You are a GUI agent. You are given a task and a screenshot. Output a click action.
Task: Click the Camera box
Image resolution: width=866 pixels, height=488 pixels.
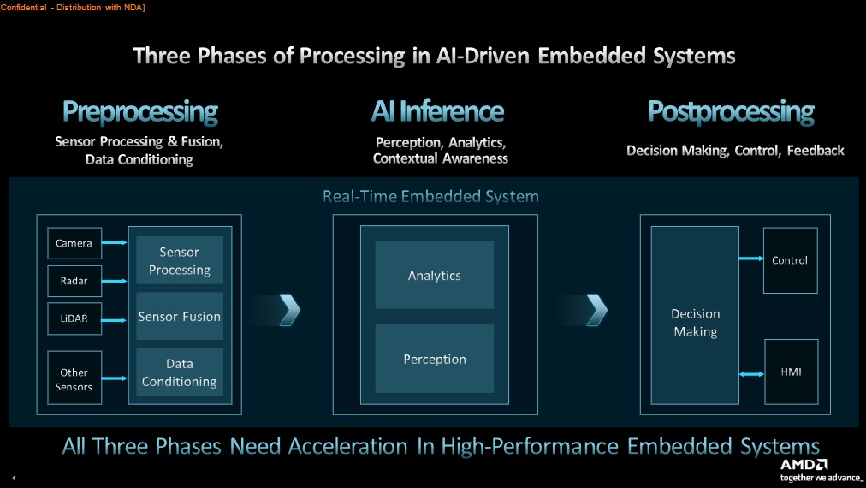pyautogui.click(x=74, y=243)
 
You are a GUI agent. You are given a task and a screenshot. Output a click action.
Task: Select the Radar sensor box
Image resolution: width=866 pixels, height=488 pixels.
pyautogui.click(x=74, y=280)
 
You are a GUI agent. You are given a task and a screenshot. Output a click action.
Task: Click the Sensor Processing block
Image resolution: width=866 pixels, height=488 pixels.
pyautogui.click(x=180, y=261)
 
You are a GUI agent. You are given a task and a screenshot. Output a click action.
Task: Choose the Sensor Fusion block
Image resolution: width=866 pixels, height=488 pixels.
pyautogui.click(x=180, y=317)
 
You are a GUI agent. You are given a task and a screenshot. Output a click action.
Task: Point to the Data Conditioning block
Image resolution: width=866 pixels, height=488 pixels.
pyautogui.click(x=180, y=373)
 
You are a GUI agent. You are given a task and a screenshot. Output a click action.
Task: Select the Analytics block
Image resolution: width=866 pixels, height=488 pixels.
pyautogui.click(x=435, y=276)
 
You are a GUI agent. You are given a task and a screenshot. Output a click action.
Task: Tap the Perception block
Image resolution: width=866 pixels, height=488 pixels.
pyautogui.click(x=435, y=360)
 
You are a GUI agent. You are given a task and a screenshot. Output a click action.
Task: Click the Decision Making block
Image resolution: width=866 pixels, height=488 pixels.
pyautogui.click(x=695, y=323)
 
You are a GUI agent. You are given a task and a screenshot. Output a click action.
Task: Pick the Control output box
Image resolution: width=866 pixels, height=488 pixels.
pyautogui.click(x=790, y=260)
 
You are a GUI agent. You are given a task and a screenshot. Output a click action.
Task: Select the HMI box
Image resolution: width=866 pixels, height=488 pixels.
pyautogui.click(x=790, y=372)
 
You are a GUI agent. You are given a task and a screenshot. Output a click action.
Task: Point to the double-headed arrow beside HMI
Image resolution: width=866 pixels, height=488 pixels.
pyautogui.click(x=750, y=373)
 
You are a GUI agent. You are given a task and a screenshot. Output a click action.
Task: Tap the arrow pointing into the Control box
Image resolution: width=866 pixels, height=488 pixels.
pyautogui.click(x=750, y=259)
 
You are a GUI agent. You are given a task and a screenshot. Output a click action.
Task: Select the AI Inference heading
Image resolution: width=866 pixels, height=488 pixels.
pyautogui.click(x=437, y=111)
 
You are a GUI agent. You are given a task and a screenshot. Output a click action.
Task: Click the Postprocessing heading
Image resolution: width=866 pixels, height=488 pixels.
pyautogui.click(x=731, y=111)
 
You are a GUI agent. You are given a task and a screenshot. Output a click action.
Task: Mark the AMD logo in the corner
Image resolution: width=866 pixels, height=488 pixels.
pyautogui.click(x=802, y=465)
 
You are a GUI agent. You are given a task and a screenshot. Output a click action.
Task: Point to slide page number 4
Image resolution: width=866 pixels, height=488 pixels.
pyautogui.click(x=14, y=478)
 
